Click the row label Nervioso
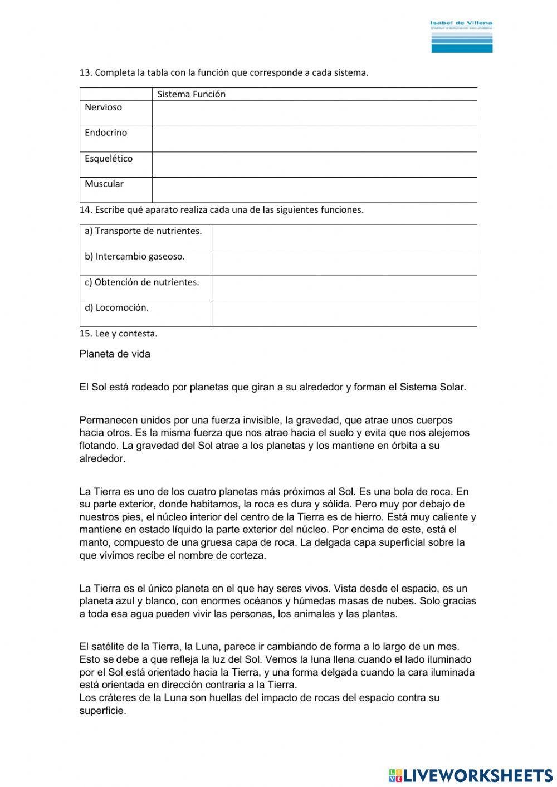coord(103,107)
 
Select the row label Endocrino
coord(106,133)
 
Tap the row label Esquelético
coord(109,159)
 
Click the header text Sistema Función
coord(191,95)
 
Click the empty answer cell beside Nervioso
coord(314,114)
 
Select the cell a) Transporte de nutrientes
coord(143,231)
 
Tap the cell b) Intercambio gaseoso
coord(135,257)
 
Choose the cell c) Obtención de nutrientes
coord(141,282)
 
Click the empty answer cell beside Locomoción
coord(344,314)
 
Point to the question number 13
coord(85,73)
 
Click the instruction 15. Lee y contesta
coord(118,334)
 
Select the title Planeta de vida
coord(115,354)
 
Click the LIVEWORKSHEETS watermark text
coord(478,775)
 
